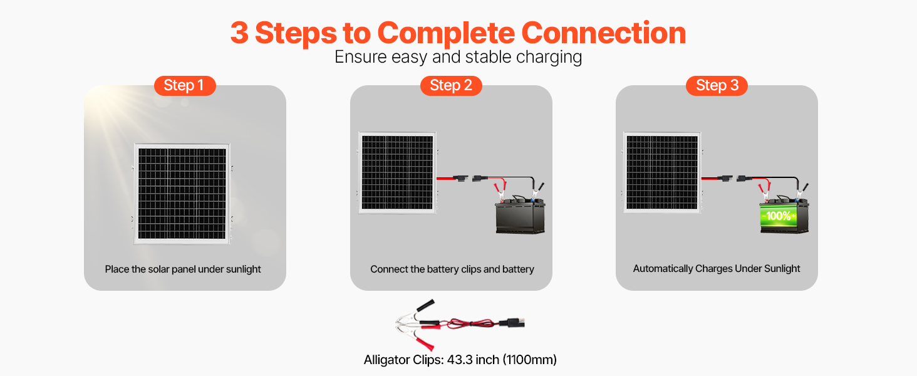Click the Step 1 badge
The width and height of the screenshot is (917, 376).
point(185,86)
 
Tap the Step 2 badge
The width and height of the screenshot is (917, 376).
point(451,86)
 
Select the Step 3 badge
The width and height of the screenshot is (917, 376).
point(717,86)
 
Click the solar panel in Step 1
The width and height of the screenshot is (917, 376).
point(182,194)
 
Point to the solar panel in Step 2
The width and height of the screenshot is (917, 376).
point(397,173)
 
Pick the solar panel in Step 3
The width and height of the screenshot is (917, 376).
point(663,173)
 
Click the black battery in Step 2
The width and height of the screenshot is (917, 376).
point(520,217)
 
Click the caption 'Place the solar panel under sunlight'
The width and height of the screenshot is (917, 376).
point(183,269)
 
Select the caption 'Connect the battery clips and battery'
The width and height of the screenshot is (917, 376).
point(452,269)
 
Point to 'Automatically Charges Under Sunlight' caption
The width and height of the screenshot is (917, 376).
point(717,269)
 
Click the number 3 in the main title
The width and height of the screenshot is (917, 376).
point(239,33)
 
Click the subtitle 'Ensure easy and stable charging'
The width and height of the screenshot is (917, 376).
point(458,57)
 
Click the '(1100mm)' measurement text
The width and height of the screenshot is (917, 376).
point(531,360)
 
